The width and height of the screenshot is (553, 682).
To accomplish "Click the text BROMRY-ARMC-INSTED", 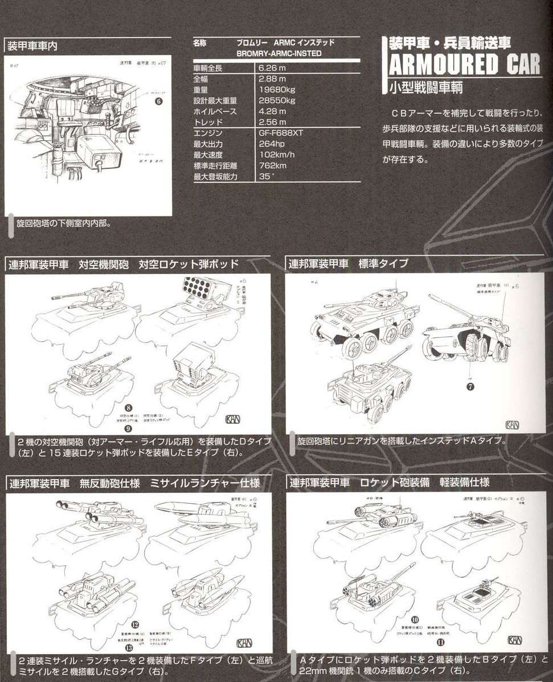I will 279,54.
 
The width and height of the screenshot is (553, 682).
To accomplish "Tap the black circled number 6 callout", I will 159,101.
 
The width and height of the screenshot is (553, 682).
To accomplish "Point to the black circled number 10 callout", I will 415,619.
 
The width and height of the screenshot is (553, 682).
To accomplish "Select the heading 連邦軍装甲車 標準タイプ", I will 349,263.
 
